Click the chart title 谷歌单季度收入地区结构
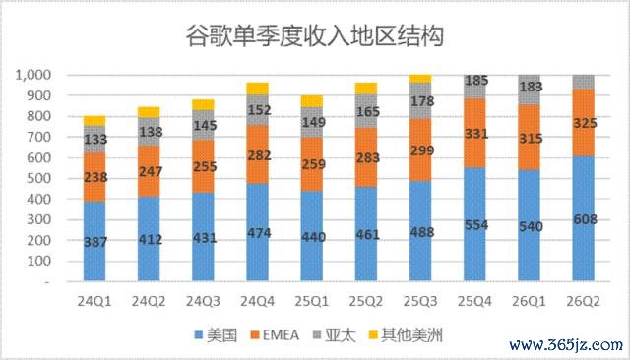click(315, 35)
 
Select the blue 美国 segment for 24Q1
click(94, 241)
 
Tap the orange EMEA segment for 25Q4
click(474, 133)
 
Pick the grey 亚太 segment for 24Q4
click(257, 110)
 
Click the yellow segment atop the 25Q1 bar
click(312, 101)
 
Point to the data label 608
click(585, 219)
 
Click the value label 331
click(476, 133)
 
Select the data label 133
click(95, 139)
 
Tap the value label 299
click(422, 150)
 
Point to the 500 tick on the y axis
click(39, 178)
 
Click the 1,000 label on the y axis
click(32, 75)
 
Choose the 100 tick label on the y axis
click(39, 261)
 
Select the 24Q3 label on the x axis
click(203, 301)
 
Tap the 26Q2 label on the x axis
click(583, 301)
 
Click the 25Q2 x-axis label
click(365, 301)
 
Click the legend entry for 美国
click(216, 335)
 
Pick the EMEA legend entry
click(275, 335)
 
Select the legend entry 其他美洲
click(406, 335)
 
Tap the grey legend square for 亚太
click(317, 334)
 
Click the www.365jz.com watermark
click(566, 345)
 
